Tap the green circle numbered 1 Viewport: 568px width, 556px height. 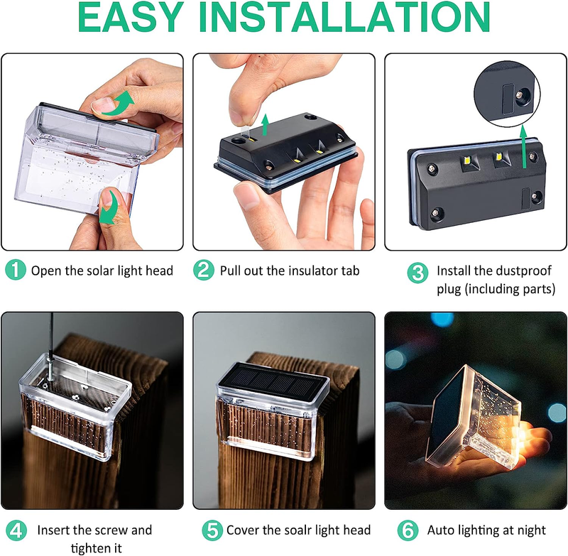coord(16,270)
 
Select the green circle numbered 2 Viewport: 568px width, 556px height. coord(204,270)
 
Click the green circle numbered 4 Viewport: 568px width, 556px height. coord(16,530)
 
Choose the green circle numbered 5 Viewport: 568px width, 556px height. coord(210,530)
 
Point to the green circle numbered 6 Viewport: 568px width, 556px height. coord(410,530)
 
